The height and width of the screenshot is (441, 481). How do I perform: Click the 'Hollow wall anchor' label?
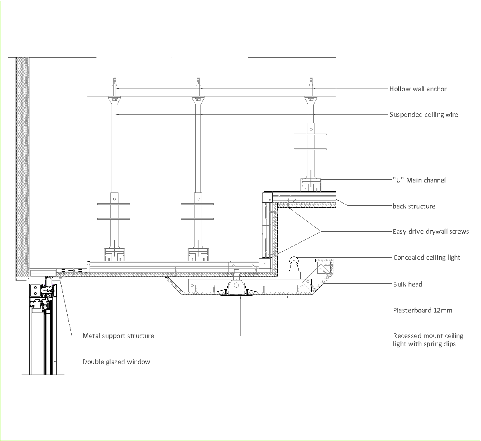(x=418, y=89)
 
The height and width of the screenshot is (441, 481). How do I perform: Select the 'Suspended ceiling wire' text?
(x=423, y=114)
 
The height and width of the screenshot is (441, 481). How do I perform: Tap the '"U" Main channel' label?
(x=419, y=180)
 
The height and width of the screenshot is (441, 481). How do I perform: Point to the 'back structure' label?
(x=413, y=206)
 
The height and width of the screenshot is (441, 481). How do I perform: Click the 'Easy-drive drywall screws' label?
(x=430, y=231)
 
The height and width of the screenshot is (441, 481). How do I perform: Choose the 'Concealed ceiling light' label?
(x=427, y=257)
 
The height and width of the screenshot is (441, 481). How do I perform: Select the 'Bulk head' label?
(x=407, y=284)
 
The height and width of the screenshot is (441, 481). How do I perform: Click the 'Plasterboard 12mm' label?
(x=422, y=310)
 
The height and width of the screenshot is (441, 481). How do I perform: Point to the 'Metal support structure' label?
(x=118, y=336)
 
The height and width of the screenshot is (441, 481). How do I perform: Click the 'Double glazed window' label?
(x=116, y=362)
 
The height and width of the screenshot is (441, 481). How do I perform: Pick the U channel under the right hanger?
(x=311, y=184)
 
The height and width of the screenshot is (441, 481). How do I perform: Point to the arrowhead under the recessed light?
(x=240, y=297)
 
